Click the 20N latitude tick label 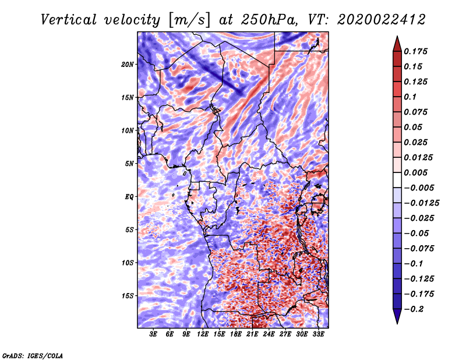pyautogui.click(x=127, y=65)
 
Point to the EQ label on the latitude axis pyautogui.click(x=129, y=197)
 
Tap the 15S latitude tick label pyautogui.click(x=127, y=296)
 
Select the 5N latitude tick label pyautogui.click(x=129, y=164)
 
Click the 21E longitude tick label pyautogui.click(x=252, y=334)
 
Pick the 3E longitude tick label pyautogui.click(x=153, y=334)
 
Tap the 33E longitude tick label pyautogui.click(x=318, y=334)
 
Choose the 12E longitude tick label pyautogui.click(x=202, y=334)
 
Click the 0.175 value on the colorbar pyautogui.click(x=415, y=51)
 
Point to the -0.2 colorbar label pyautogui.click(x=414, y=309)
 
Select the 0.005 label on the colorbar pyautogui.click(x=415, y=172)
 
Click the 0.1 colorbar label pyautogui.click(x=410, y=97)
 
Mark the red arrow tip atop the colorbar pyautogui.click(x=397, y=37)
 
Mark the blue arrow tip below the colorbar pyautogui.click(x=397, y=323)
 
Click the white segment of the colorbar pyautogui.click(x=397, y=180)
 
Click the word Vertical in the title pyautogui.click(x=69, y=20)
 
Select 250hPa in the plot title pyautogui.click(x=269, y=20)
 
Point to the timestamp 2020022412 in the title pyautogui.click(x=382, y=20)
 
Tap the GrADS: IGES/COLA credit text pyautogui.click(x=33, y=355)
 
